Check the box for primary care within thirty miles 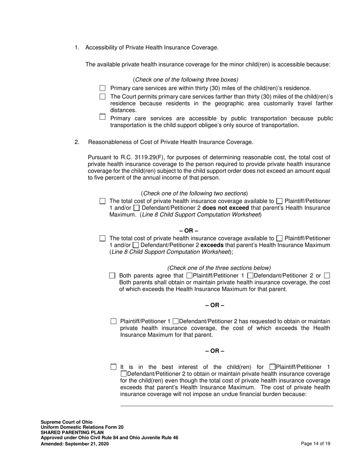click(x=102, y=88)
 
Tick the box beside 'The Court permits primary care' click(x=102, y=97)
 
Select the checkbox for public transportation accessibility click(x=102, y=117)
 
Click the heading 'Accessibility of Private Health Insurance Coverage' click(x=152, y=47)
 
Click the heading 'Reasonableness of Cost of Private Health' click(x=171, y=142)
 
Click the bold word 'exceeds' click(x=212, y=245)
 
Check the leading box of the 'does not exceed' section click(x=102, y=201)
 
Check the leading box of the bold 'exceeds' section click(x=102, y=238)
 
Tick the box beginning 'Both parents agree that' click(x=112, y=276)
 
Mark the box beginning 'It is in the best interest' click(x=113, y=367)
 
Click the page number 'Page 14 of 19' click(x=315, y=444)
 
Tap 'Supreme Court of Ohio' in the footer click(x=66, y=422)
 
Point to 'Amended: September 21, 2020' click(x=75, y=444)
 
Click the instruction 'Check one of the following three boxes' click(x=186, y=80)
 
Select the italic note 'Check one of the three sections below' click(x=219, y=267)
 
